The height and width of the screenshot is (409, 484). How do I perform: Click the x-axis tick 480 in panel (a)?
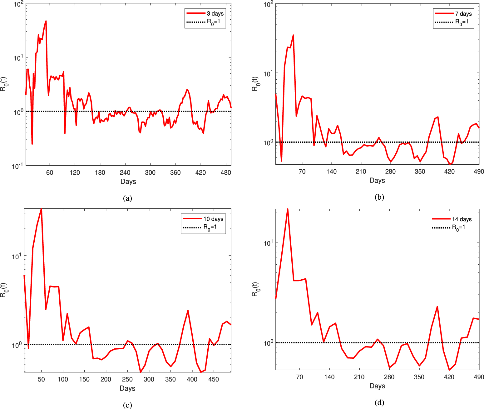pos(226,172)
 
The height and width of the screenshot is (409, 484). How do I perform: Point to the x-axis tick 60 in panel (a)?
pos(50,172)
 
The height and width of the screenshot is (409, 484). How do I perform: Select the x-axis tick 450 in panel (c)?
pos(214,379)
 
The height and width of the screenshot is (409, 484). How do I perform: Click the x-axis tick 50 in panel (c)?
pos(41,379)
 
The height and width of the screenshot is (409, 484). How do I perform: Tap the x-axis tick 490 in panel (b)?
pos(478,171)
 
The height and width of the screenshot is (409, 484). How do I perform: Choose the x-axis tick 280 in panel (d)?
pos(389,377)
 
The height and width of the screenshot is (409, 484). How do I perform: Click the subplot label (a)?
pos(127,198)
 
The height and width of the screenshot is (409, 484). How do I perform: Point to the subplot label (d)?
pos(379,402)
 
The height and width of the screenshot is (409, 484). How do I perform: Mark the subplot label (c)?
pos(127,405)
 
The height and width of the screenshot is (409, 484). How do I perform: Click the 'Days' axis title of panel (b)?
pos(377,180)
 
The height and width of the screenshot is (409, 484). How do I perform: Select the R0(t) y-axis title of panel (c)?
pos(3,290)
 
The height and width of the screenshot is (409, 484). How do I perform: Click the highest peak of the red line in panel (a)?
pos(46,21)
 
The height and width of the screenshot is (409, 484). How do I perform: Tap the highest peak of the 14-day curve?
pos(288,209)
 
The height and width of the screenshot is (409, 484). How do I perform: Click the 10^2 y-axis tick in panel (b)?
pos(268,4)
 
